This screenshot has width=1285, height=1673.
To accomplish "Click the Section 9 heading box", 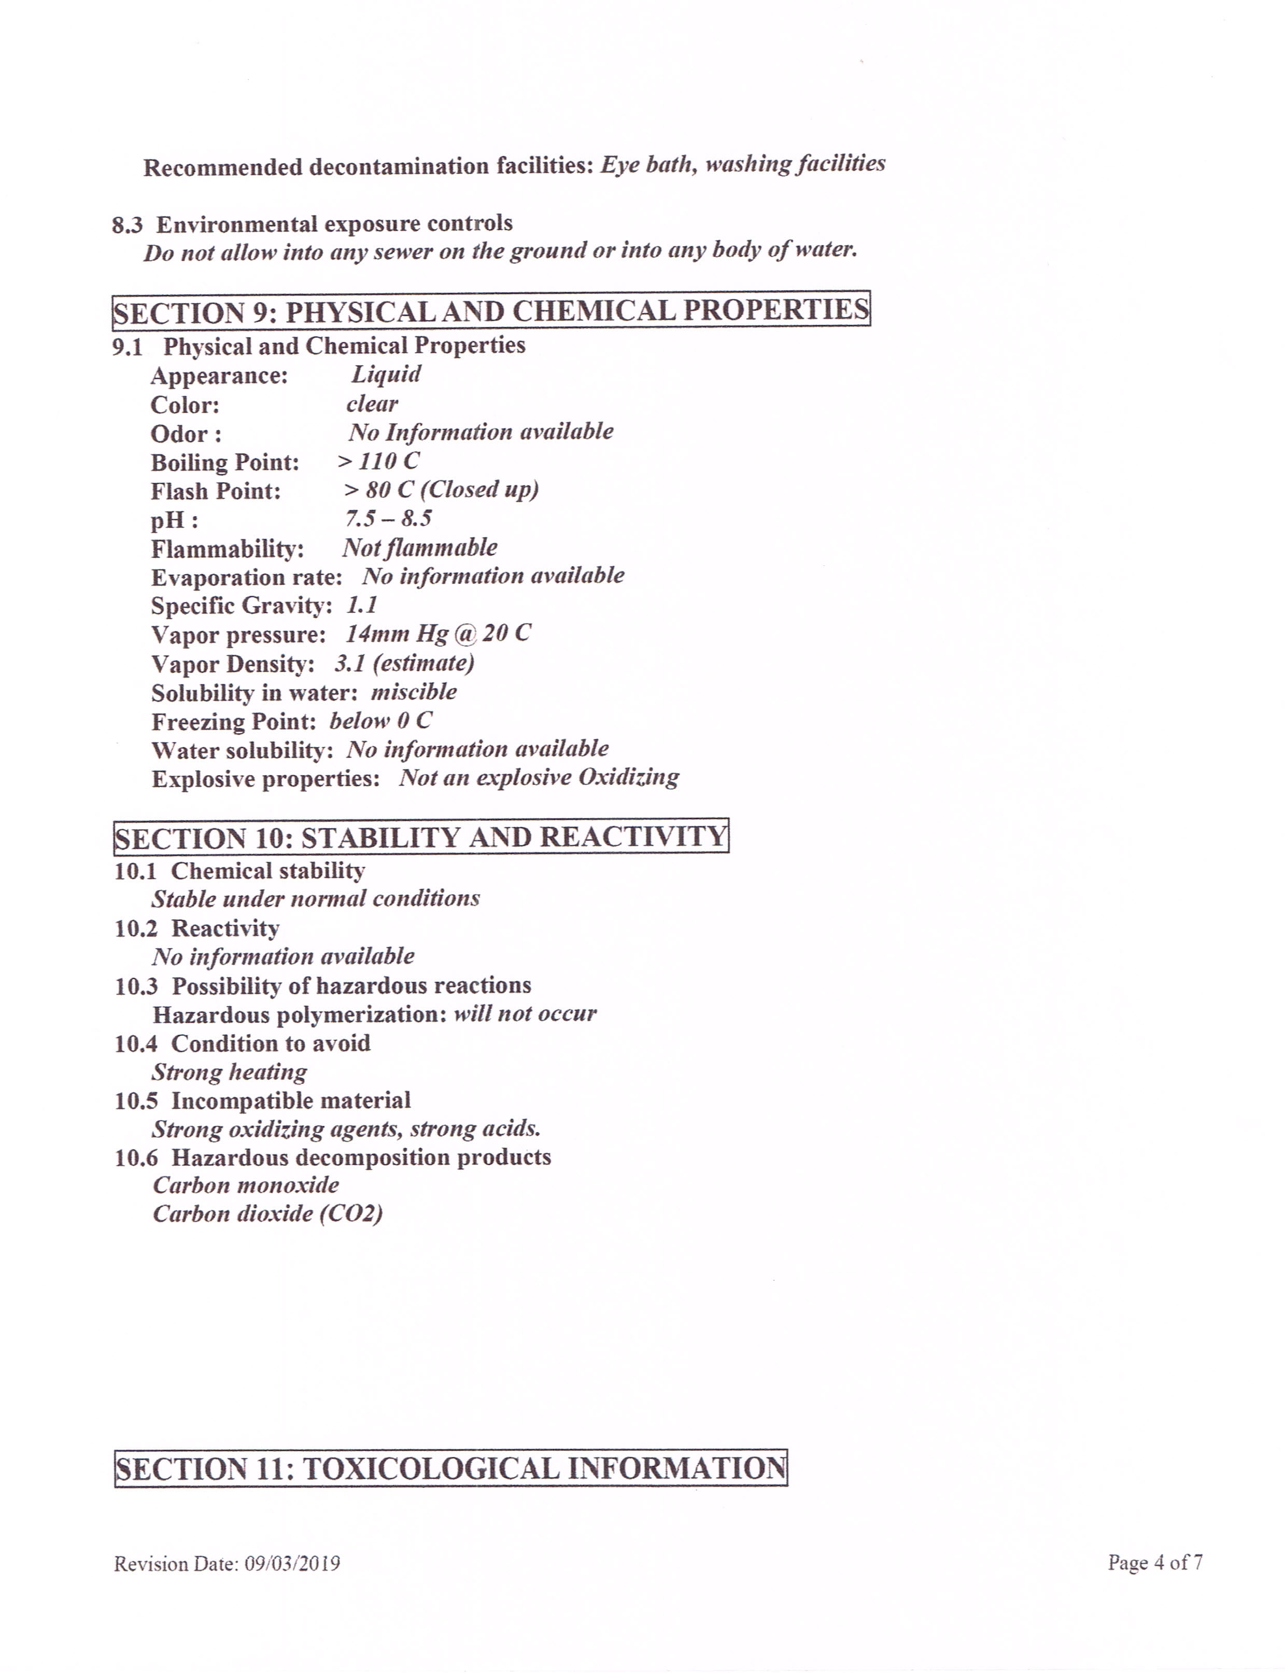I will [491, 310].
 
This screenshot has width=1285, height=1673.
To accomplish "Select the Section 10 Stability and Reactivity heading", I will [421, 836].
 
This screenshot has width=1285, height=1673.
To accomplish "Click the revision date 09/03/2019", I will [292, 1564].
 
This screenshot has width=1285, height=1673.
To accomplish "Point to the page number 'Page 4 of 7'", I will [1155, 1562].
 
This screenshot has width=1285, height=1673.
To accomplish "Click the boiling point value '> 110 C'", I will [378, 461].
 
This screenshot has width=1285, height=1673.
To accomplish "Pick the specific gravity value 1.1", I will [362, 605].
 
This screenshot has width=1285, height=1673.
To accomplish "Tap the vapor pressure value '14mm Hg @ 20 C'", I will [437, 633].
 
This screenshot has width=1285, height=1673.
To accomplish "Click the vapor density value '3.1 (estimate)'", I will [404, 663].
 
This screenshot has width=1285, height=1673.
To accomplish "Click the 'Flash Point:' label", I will [216, 491].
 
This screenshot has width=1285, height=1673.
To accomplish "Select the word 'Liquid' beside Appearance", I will [386, 374].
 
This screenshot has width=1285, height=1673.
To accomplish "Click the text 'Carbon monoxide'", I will [246, 1185].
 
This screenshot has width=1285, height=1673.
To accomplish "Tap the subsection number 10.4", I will [135, 1043].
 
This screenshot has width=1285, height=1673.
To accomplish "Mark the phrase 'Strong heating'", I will [230, 1072].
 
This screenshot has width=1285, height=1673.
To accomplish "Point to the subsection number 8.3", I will [127, 225].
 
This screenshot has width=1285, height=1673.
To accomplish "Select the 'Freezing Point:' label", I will [233, 722].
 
